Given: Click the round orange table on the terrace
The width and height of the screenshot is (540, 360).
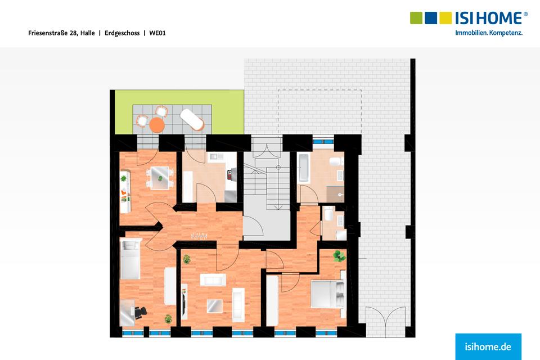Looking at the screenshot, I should click(x=157, y=123).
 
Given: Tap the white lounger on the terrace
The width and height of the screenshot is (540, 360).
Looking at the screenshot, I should click(x=191, y=119).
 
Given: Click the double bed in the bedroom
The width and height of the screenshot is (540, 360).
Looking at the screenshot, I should click(x=328, y=292).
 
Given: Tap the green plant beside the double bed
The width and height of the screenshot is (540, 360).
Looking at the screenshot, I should click(x=339, y=256).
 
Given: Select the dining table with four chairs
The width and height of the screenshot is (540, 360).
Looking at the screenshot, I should click(x=160, y=178).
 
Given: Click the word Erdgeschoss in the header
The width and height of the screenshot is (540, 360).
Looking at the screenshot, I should click(x=122, y=33).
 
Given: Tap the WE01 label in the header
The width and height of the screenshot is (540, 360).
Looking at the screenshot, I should click(x=157, y=33).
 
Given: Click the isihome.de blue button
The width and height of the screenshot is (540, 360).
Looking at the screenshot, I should click(x=488, y=346).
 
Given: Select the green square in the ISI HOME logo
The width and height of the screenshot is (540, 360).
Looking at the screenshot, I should click(x=416, y=17).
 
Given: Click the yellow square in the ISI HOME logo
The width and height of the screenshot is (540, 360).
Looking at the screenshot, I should click(x=445, y=17).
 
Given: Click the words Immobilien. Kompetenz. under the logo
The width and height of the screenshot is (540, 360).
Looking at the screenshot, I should click(x=489, y=33).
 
